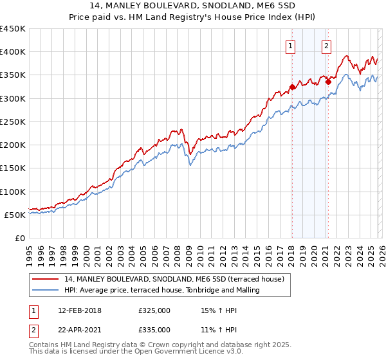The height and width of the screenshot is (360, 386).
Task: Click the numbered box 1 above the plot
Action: [291, 46]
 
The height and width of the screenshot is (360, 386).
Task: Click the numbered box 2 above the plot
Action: [327, 46]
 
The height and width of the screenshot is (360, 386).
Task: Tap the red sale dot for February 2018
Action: [292, 87]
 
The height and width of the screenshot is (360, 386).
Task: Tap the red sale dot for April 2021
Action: [328, 82]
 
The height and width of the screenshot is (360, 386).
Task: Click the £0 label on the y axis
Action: [19, 238]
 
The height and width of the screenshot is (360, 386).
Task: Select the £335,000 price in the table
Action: [154, 329]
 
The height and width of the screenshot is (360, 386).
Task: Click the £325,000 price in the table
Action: [154, 310]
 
